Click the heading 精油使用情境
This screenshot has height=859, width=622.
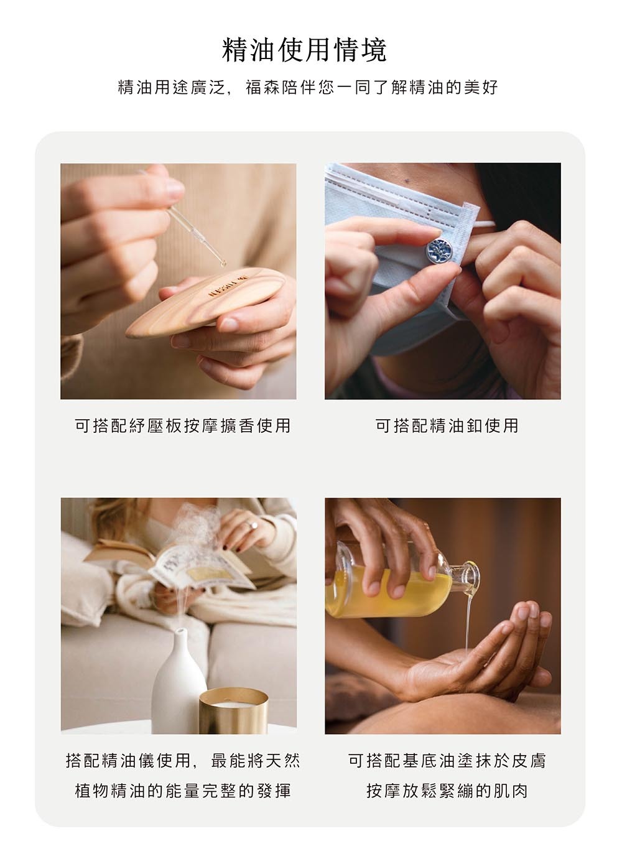point(305,50)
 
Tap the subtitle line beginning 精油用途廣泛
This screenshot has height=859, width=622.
point(309,87)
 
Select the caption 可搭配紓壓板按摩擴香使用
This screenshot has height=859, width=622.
point(182,425)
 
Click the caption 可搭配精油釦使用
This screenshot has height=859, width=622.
point(447,425)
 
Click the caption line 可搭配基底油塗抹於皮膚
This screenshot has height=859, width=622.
point(447,761)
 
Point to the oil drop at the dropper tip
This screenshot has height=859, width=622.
point(223,264)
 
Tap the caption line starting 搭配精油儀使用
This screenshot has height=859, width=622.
point(182,761)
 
